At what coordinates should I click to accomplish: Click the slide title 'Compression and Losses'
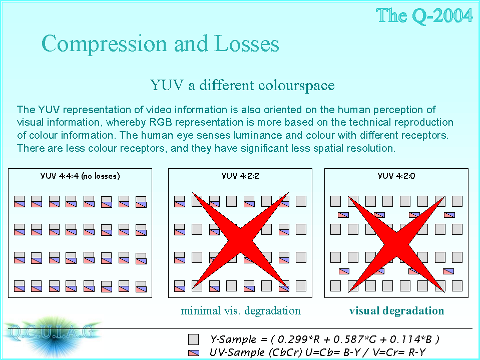(160, 44)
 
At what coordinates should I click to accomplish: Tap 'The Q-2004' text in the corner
(424, 16)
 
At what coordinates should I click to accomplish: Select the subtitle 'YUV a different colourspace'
(242, 85)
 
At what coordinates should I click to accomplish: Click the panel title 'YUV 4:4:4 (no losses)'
(80, 176)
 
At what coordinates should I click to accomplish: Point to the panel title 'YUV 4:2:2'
(240, 176)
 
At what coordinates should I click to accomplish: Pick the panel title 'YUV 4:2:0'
(396, 176)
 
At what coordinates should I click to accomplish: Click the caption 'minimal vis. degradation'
(241, 311)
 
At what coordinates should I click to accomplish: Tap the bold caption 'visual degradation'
(396, 311)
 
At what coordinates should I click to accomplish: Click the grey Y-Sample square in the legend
(194, 339)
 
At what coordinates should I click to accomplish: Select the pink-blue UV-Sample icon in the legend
(194, 353)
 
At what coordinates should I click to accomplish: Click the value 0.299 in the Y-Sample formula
(290, 339)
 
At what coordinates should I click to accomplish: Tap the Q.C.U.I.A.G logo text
(52, 332)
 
